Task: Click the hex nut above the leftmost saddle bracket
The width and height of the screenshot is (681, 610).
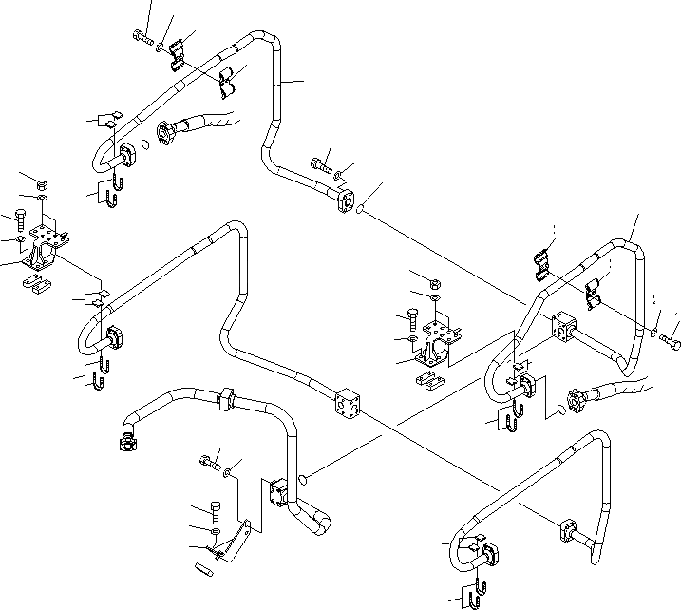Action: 42,183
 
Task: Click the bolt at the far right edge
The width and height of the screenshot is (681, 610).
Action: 673,336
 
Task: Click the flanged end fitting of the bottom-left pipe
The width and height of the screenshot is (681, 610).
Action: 125,439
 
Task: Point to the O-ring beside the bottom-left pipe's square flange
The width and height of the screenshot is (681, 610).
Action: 303,479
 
